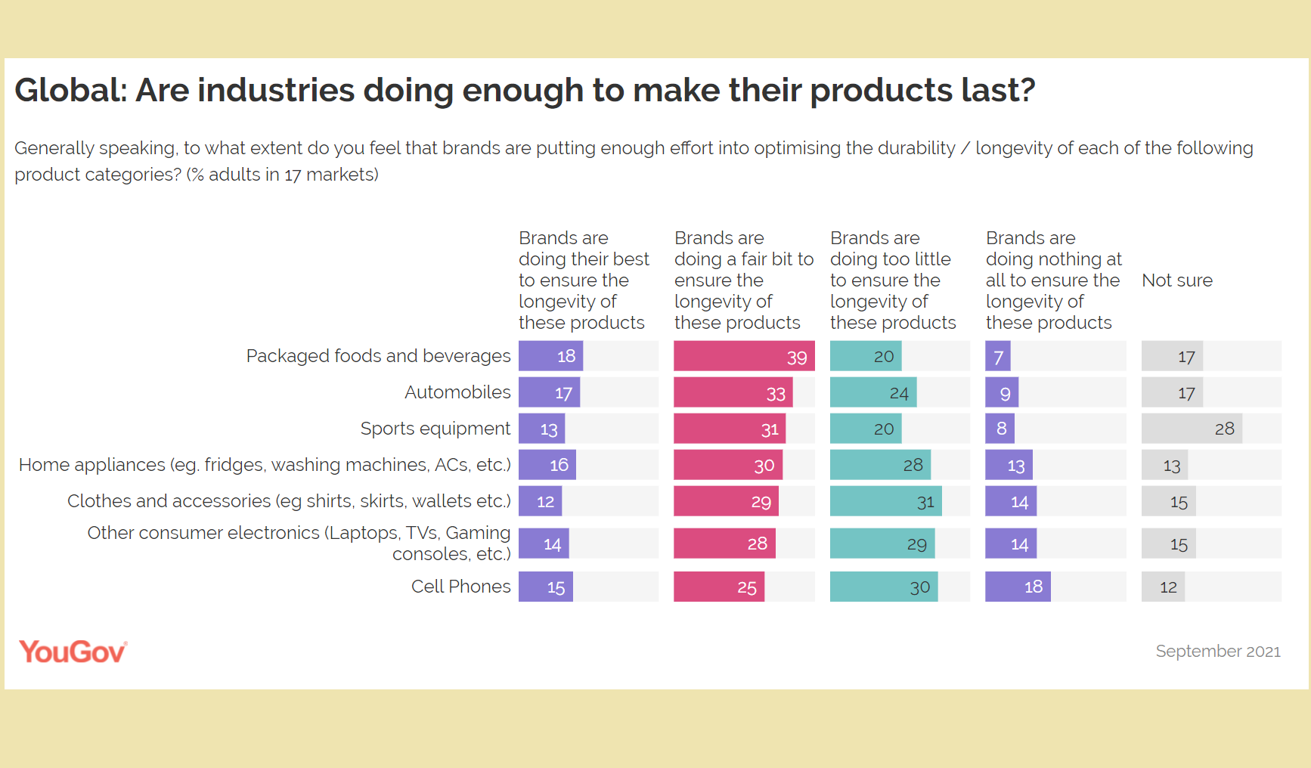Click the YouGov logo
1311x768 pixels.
pyautogui.click(x=73, y=652)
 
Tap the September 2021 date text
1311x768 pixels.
pyautogui.click(x=1217, y=651)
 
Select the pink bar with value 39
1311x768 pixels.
pyautogui.click(x=744, y=356)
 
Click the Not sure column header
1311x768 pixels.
pyautogui.click(x=1176, y=280)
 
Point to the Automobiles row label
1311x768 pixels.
pyautogui.click(x=457, y=392)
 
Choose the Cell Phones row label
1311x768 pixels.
pyautogui.click(x=460, y=587)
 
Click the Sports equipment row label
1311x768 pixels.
pyautogui.click(x=435, y=429)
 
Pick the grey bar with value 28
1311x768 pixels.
pyautogui.click(x=1192, y=429)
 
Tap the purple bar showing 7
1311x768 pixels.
pyautogui.click(x=997, y=356)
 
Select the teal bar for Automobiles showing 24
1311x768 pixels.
pyautogui.click(x=873, y=392)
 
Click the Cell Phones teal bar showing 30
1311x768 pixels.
pyautogui.click(x=884, y=587)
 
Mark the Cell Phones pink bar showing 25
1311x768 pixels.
pyautogui.click(x=719, y=587)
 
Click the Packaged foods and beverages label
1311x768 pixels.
pyautogui.click(x=378, y=356)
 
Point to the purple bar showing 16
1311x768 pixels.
pyautogui.click(x=547, y=465)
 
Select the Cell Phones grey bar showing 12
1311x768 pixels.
pyautogui.click(x=1163, y=587)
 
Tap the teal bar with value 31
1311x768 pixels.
pyautogui.click(x=885, y=501)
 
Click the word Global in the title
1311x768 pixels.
pyautogui.click(x=70, y=91)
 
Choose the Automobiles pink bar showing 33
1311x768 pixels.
pyautogui.click(x=733, y=392)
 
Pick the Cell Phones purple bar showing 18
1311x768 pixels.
pyautogui.click(x=1018, y=587)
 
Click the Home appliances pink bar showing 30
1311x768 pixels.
pyautogui.click(x=727, y=465)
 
